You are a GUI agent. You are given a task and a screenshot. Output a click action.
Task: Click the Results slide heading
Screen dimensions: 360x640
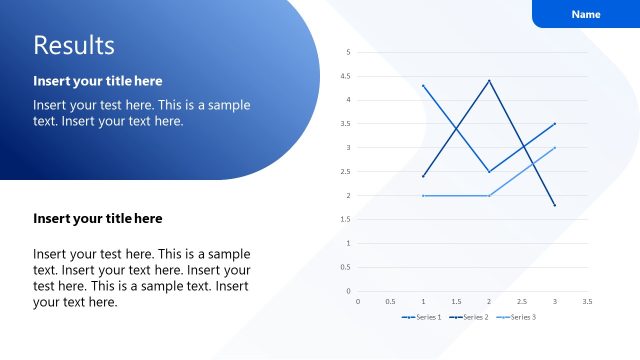[x=74, y=45]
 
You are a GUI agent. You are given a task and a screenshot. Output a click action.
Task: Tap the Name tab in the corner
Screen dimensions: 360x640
[x=586, y=14]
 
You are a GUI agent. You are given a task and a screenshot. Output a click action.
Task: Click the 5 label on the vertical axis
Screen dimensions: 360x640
[x=348, y=52]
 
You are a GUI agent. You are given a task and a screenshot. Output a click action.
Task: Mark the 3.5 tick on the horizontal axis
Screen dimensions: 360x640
[x=587, y=300]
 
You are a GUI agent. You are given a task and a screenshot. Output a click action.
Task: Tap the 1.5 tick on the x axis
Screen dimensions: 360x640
[x=456, y=300]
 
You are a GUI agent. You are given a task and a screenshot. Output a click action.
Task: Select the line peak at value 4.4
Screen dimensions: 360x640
[x=489, y=80]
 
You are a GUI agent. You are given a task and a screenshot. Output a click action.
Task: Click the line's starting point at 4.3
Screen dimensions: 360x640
[x=424, y=85]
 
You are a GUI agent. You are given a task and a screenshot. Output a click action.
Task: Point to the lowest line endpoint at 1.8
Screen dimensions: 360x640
[x=554, y=205]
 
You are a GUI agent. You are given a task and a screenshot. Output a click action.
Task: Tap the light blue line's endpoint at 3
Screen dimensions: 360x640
[x=554, y=148]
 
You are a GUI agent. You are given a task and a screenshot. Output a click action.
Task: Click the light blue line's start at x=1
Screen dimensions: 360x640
[x=424, y=195]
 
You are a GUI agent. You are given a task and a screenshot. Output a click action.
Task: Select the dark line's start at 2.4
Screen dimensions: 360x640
[x=424, y=176]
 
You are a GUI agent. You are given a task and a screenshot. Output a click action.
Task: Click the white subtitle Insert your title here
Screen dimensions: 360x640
[x=98, y=80]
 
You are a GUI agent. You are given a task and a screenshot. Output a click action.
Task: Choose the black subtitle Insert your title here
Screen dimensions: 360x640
[x=98, y=218]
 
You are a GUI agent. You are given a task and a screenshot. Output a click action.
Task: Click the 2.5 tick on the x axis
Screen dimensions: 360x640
[x=521, y=300]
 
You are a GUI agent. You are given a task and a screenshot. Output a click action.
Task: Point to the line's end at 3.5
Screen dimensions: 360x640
[x=554, y=124]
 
